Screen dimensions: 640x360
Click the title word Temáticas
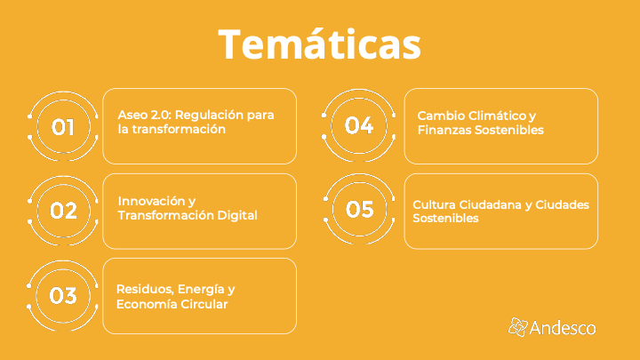click(320, 44)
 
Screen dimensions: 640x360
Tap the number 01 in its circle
click(63, 127)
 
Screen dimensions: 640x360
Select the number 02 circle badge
click(63, 211)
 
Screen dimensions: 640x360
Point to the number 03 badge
click(63, 295)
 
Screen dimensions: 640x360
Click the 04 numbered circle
click(359, 125)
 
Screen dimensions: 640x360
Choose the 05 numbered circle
click(359, 209)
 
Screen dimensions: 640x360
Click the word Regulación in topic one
click(210, 116)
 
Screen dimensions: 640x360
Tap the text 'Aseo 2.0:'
click(145, 115)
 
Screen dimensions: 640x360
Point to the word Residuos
click(147, 290)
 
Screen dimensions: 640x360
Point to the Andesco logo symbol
click(518, 327)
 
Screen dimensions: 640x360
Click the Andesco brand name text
click(563, 328)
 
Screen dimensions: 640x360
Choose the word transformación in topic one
click(179, 130)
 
